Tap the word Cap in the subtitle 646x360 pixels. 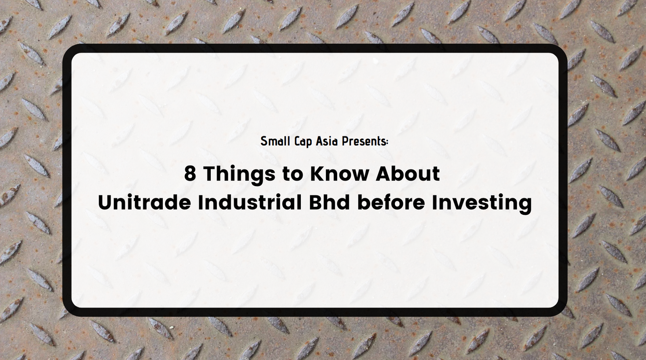coord(303,142)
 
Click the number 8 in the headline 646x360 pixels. coord(190,173)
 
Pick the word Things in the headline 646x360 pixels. coord(239,175)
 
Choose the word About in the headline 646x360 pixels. coord(407,173)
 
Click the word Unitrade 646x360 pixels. coord(144,202)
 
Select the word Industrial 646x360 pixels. coord(250,202)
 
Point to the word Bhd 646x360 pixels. coord(329,202)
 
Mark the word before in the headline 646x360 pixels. coord(391,202)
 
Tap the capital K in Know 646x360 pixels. coord(317,173)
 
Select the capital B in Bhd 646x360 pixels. coord(315,202)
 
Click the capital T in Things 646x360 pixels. coord(210,173)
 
